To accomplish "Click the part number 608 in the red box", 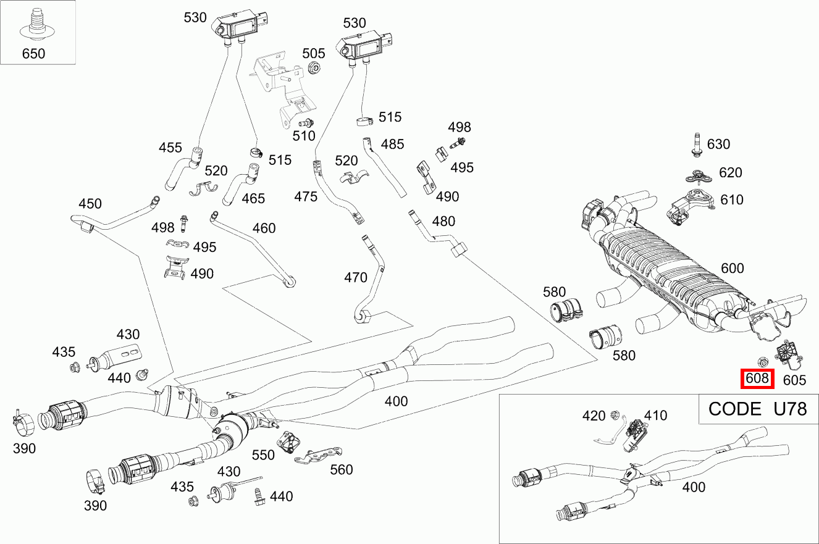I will [x=757, y=379].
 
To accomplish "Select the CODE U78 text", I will [x=757, y=409].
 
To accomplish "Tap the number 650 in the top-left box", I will [x=33, y=54].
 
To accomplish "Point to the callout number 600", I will [x=733, y=269].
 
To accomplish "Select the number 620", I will [x=731, y=173].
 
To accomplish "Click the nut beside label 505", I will [x=313, y=68].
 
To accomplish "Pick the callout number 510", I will [x=304, y=136].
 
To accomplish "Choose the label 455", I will [x=170, y=148].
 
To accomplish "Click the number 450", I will [x=90, y=204].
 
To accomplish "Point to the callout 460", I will [x=264, y=228].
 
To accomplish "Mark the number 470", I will [x=356, y=278].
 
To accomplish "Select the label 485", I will [x=393, y=144].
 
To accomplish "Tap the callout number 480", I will [x=443, y=221].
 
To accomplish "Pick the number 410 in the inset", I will [x=656, y=416].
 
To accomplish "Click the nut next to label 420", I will [x=615, y=415].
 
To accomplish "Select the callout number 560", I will [x=342, y=470].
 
